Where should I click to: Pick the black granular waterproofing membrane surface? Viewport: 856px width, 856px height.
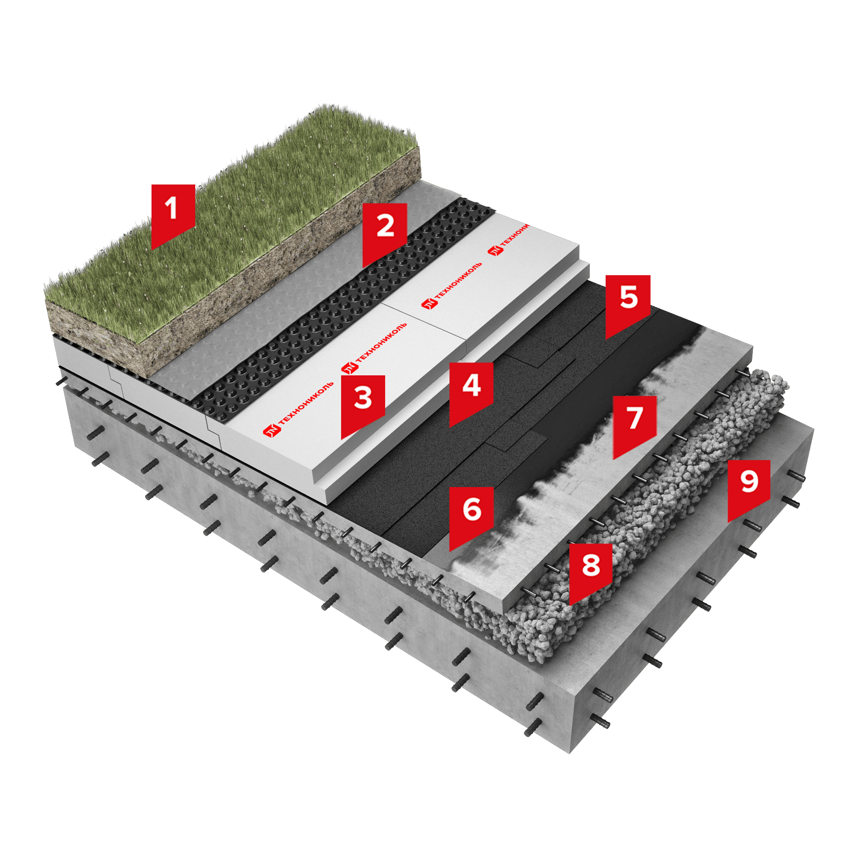(x=509, y=399)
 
